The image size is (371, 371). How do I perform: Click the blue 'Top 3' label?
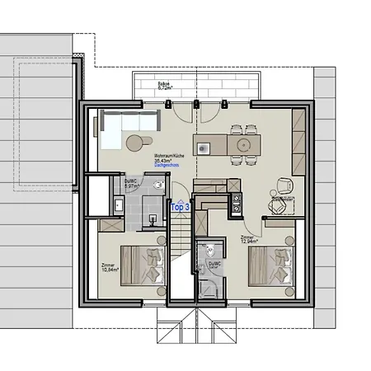(x=180, y=208)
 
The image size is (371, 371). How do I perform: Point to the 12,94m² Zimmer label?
(x=247, y=239)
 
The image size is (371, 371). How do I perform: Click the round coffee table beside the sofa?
(x=134, y=143)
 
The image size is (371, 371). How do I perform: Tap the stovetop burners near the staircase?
(x=237, y=199)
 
